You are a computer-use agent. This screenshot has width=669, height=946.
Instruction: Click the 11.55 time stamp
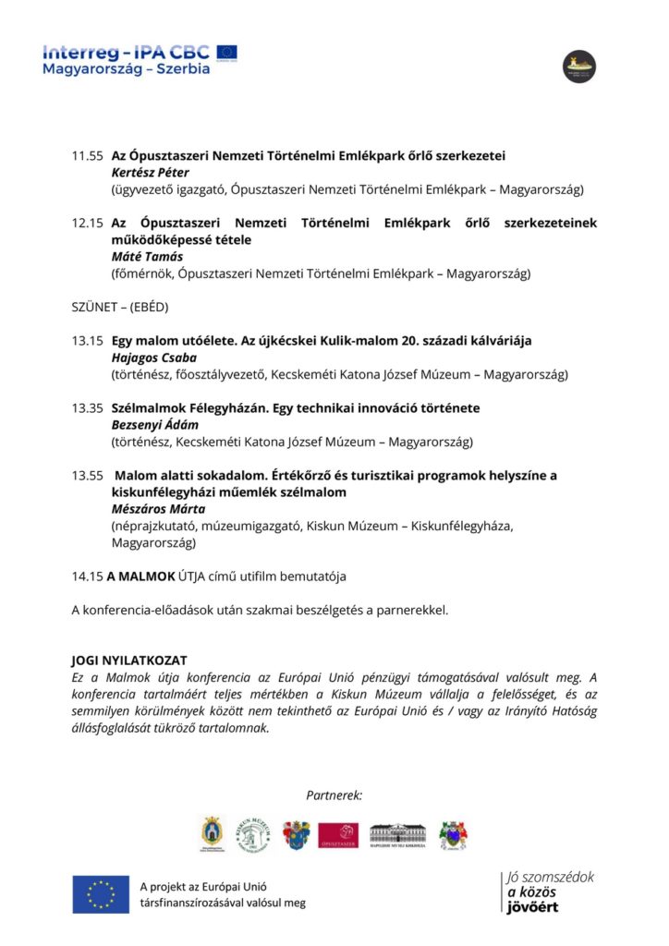88,156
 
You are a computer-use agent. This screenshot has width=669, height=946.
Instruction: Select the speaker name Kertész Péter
150,173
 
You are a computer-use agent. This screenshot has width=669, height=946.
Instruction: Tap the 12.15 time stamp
88,224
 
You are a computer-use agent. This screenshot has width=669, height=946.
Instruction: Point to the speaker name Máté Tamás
146,257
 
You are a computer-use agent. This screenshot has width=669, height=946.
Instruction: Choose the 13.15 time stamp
88,341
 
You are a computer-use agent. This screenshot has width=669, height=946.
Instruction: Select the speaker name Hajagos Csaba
153,358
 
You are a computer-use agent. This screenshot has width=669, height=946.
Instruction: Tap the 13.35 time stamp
88,408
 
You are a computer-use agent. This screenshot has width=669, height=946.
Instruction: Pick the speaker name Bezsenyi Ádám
155,425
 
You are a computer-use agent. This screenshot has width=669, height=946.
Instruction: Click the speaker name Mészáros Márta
158,509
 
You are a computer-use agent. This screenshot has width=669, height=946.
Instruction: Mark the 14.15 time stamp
87,576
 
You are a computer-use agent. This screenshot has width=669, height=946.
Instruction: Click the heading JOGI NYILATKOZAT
129,661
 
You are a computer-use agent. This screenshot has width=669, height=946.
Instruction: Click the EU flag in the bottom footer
101,893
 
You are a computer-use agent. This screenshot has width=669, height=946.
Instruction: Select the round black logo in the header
579,67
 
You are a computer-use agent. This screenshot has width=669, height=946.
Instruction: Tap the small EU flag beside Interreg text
226,52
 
